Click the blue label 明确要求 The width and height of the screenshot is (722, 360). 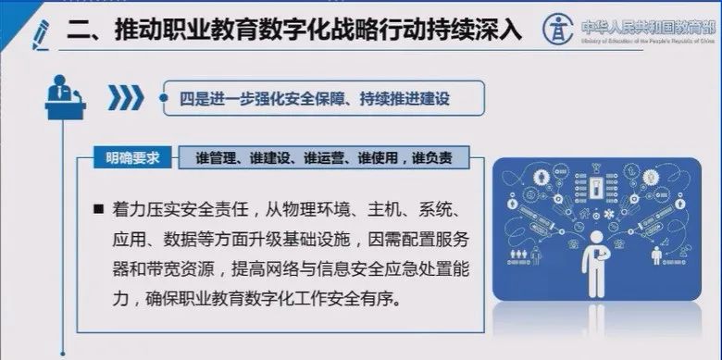[x=131, y=157]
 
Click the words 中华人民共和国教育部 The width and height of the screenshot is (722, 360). [x=644, y=22]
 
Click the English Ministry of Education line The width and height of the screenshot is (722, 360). [x=644, y=39]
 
